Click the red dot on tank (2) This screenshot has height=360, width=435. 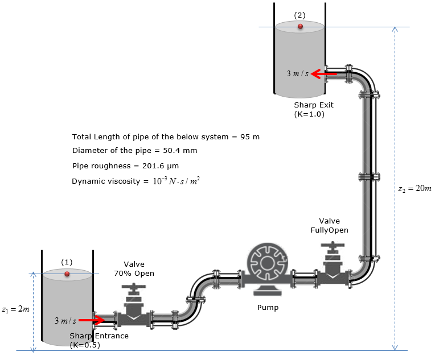pyautogui.click(x=300, y=26)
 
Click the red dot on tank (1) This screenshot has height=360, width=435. pyautogui.click(x=67, y=274)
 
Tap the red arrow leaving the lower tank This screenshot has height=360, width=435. pyautogui.click(x=91, y=320)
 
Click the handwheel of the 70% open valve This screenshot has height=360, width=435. pyautogui.click(x=134, y=291)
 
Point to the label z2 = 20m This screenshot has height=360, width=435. pyautogui.click(x=415, y=188)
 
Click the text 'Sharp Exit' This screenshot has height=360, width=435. pyautogui.click(x=314, y=105)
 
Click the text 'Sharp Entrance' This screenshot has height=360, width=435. pyautogui.click(x=99, y=336)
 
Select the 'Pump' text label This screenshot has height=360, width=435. pyautogui.click(x=268, y=308)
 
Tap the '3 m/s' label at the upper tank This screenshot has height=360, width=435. pyautogui.click(x=297, y=73)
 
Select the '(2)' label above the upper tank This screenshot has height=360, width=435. pyautogui.click(x=299, y=14)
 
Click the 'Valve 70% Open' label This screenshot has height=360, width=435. pyautogui.click(x=134, y=268)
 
